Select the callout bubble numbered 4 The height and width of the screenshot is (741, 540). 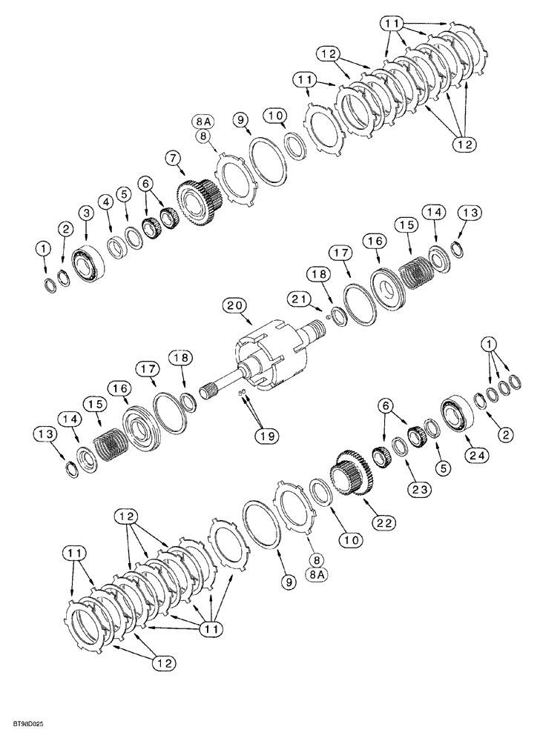(107, 201)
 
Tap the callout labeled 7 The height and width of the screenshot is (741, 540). (172, 157)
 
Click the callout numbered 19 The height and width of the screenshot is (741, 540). (268, 436)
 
